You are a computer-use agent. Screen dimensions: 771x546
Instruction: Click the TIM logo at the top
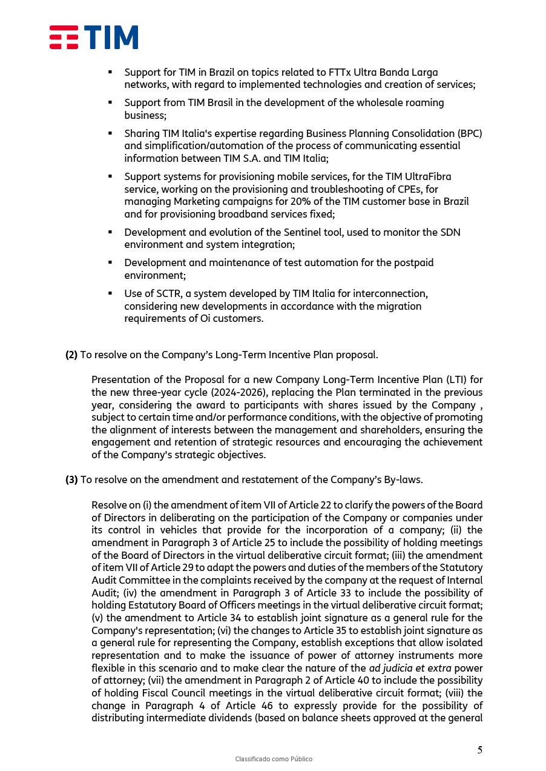(x=94, y=38)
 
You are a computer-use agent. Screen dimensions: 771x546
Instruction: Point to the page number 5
(x=480, y=750)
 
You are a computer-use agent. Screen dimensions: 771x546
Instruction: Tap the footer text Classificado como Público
(x=274, y=759)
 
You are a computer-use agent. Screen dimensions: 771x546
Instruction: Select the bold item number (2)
(x=71, y=355)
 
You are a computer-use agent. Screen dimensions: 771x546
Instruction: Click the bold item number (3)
(x=71, y=480)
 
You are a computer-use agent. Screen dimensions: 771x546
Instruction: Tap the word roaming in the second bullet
(x=425, y=102)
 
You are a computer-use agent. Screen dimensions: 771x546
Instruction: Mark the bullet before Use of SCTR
(x=110, y=293)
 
